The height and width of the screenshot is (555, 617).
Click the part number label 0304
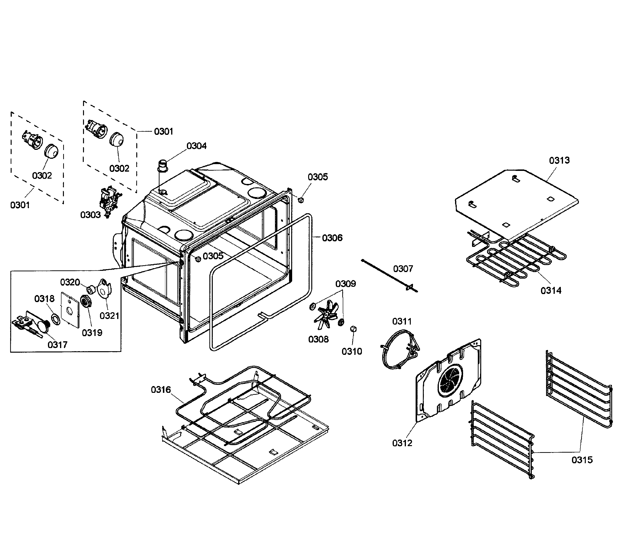pos(196,146)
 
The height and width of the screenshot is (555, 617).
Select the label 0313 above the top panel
pos(559,160)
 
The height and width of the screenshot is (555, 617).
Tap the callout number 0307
pos(403,269)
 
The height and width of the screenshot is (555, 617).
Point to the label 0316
pos(161,389)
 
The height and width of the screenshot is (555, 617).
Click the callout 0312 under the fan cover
pos(402,443)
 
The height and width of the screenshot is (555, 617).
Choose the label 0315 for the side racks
pos(582,460)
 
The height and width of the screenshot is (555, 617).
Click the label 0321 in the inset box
pos(109,316)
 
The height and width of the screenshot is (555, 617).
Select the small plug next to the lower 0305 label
pos(198,259)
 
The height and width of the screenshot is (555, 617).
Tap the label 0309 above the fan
pos(346,284)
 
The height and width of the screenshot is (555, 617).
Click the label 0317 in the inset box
pos(57,345)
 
